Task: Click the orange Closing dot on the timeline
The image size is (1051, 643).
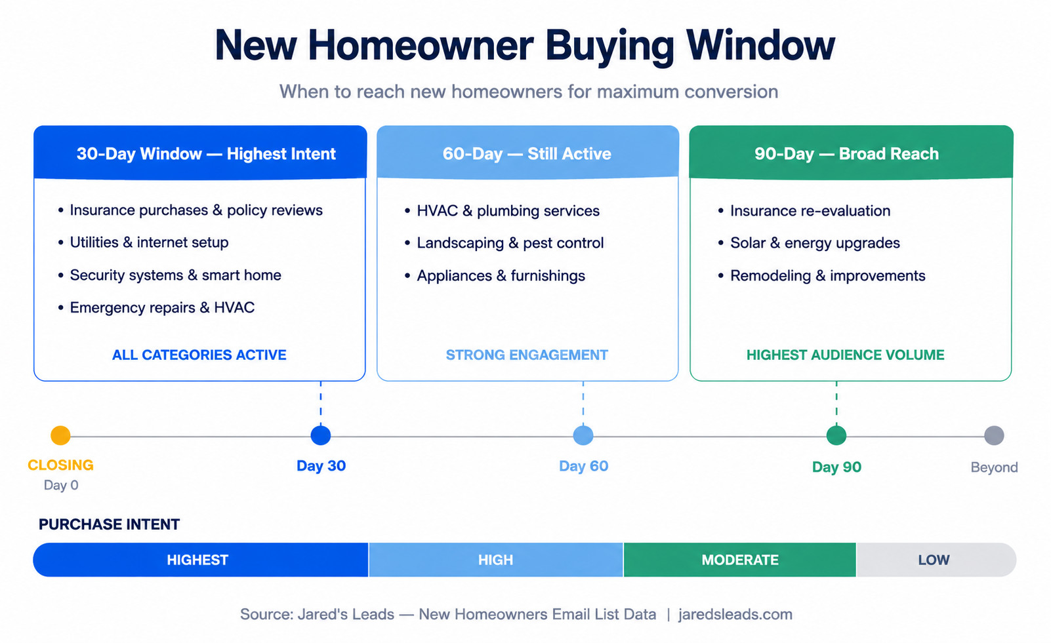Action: pos(60,435)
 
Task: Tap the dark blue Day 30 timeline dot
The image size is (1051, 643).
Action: pos(320,435)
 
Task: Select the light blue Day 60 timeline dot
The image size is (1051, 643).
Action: pos(583,435)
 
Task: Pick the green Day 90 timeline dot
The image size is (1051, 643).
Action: pos(836,435)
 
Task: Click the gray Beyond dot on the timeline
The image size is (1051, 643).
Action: pos(994,435)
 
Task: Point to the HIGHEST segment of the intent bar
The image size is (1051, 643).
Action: pos(200,560)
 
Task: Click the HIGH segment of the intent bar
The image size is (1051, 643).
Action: pos(496,560)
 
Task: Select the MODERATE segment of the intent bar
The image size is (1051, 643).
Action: pos(740,560)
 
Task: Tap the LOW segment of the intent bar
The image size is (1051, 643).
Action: pos(936,560)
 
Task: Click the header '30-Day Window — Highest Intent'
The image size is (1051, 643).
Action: pos(206,154)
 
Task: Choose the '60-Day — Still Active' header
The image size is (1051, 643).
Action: pos(527,154)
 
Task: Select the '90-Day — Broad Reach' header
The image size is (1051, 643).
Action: pos(846,154)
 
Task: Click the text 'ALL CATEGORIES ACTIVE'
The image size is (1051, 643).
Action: pos(199,355)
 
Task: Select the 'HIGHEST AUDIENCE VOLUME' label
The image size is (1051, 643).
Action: pos(846,355)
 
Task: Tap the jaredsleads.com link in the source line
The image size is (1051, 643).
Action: pos(735,614)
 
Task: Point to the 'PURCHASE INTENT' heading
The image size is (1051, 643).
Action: pos(110,524)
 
